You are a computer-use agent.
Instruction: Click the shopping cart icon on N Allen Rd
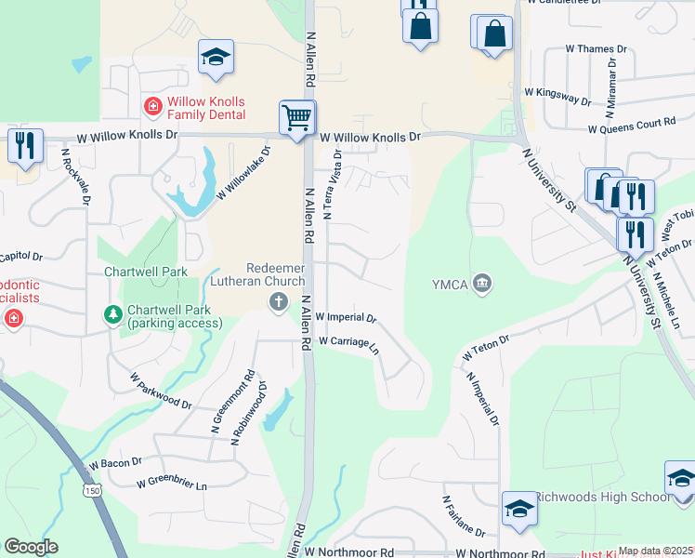tap(297, 118)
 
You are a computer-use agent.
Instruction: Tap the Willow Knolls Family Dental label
tap(206, 108)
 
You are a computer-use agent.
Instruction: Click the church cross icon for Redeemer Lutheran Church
tap(278, 300)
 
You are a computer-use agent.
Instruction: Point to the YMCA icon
tap(481, 283)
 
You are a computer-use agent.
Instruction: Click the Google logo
tap(31, 547)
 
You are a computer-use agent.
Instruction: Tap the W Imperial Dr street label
tap(346, 317)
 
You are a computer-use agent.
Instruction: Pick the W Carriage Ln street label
tap(349, 344)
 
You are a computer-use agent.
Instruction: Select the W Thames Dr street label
tap(596, 48)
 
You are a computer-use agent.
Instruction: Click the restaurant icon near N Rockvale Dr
tap(24, 145)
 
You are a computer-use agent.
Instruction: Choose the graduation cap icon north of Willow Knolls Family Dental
tap(216, 58)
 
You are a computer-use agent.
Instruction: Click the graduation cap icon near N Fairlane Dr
tap(519, 508)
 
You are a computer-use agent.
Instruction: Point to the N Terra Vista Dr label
tap(333, 184)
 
